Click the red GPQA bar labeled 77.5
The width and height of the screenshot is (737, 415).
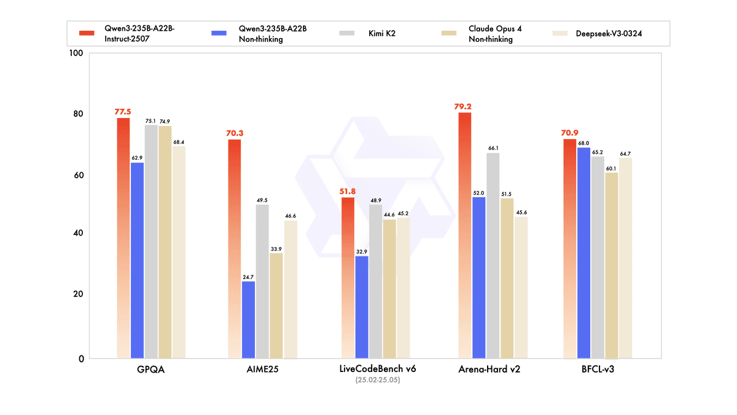[x=123, y=237]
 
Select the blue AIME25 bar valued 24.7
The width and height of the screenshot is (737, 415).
[x=248, y=319]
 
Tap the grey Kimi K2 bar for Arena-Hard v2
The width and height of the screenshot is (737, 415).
[x=493, y=255]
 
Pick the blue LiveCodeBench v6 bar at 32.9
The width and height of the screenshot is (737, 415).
[x=362, y=307]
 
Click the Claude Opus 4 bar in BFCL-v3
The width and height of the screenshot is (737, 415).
[x=611, y=265]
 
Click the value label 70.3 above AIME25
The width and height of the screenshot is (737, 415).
[x=234, y=132]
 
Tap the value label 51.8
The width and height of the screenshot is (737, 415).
[x=348, y=191]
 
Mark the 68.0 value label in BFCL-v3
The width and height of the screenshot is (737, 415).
[x=583, y=143]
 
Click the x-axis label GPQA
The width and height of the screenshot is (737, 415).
[x=150, y=370]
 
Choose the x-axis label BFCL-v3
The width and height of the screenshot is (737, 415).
[x=598, y=370]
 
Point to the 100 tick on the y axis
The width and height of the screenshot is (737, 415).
[x=76, y=53]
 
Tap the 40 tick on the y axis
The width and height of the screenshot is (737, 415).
[x=78, y=234]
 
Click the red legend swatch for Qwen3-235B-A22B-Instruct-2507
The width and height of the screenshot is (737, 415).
[x=87, y=33]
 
